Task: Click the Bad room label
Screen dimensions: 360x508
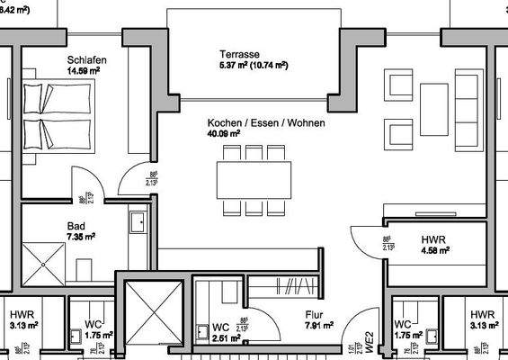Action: (x=76, y=226)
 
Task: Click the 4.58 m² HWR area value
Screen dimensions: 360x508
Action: (x=436, y=251)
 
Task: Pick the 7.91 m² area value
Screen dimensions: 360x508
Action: (x=319, y=326)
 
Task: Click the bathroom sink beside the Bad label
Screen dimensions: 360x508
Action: (x=138, y=221)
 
